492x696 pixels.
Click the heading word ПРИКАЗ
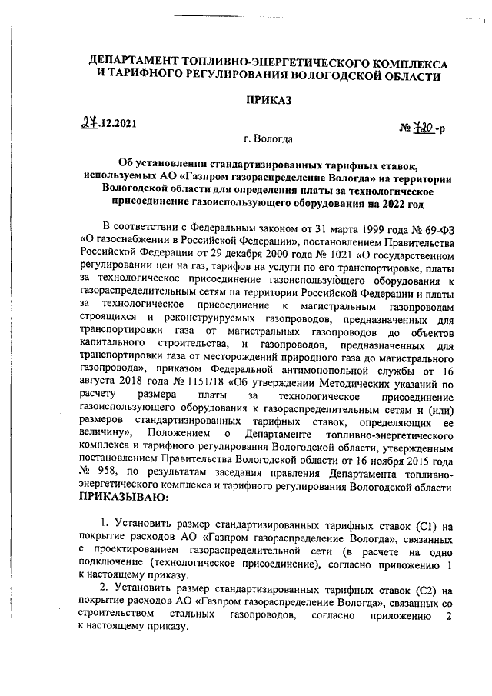269,100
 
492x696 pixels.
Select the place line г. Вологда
266,140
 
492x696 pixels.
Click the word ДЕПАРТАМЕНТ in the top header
147,61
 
